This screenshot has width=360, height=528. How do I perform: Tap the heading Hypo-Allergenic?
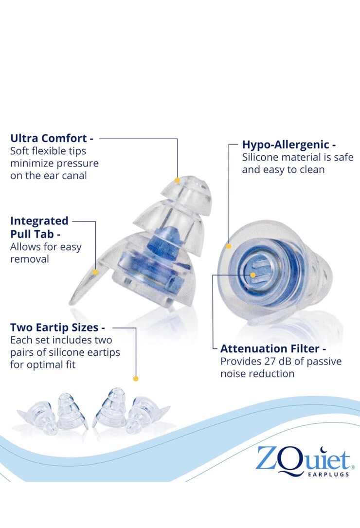[289, 145]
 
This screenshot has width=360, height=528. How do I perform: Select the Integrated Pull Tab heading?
[39, 227]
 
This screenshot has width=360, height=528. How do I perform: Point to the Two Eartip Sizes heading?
[57, 327]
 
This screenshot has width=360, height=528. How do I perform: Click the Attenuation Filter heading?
[273, 348]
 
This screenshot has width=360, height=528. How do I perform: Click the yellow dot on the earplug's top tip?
[178, 180]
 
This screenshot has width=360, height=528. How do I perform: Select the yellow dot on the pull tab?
[96, 272]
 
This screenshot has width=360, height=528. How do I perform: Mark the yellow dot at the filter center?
[253, 275]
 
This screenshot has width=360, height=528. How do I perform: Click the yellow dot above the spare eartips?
[136, 378]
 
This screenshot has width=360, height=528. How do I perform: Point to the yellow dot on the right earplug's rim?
[229, 246]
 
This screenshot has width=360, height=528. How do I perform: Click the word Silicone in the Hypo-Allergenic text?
[261, 158]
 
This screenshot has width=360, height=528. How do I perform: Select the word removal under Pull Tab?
[29, 259]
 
